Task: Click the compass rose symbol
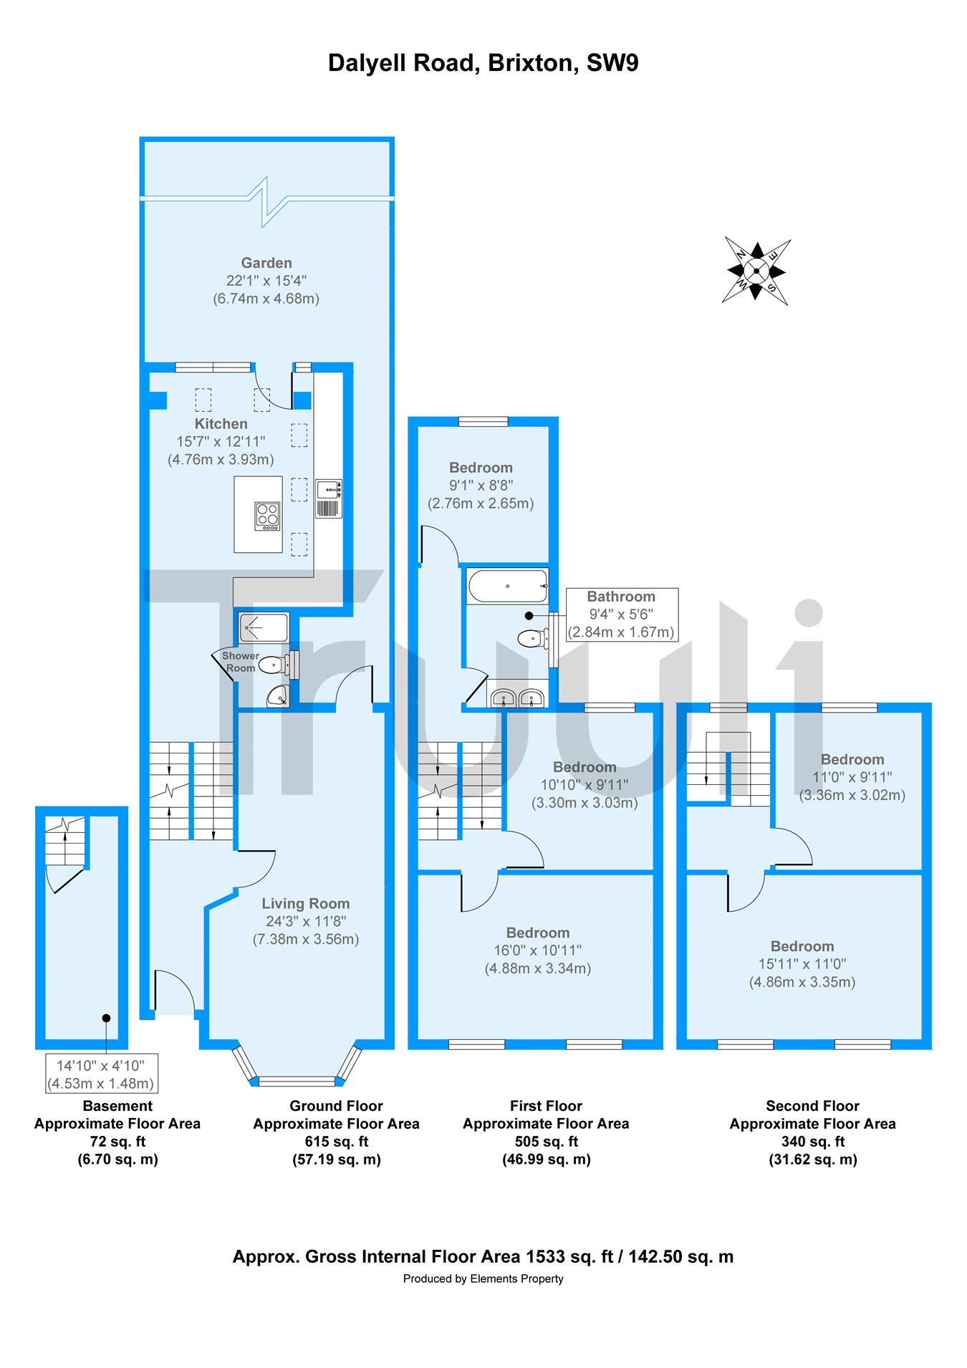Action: click(x=756, y=271)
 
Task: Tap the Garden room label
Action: click(x=266, y=264)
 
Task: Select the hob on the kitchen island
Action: click(x=267, y=516)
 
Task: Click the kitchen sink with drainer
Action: click(x=329, y=498)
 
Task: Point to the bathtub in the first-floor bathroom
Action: click(x=507, y=586)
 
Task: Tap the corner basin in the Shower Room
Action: click(x=278, y=695)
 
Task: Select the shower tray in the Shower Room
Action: click(x=264, y=627)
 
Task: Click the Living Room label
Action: click(x=306, y=904)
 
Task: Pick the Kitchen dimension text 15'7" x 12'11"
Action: click(x=221, y=442)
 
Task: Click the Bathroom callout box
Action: click(x=621, y=615)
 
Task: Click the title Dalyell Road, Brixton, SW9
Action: click(x=483, y=63)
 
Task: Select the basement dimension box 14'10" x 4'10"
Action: click(x=101, y=1074)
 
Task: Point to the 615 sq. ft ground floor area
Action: click(x=336, y=1142)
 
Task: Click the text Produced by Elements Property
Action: click(x=483, y=1278)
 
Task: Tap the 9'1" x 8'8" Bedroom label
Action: click(x=481, y=486)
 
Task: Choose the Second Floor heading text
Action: click(x=812, y=1106)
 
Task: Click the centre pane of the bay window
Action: click(x=297, y=1081)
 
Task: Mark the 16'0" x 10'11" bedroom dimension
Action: click(x=537, y=950)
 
